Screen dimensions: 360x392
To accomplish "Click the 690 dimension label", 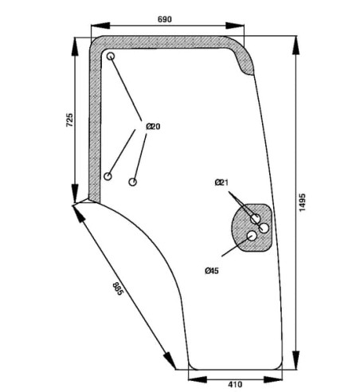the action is tap(165, 19).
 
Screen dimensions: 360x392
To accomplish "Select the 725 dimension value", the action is tap(69, 120).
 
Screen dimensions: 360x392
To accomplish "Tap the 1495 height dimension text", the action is tap(302, 202).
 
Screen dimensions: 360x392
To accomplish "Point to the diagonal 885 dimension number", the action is tap(118, 289).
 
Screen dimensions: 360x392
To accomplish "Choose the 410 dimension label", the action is tap(235, 384).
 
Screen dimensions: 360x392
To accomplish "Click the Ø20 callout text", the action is tap(153, 127).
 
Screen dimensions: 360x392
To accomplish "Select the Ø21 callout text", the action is tap(221, 182).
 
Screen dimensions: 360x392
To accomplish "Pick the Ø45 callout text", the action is tap(212, 271).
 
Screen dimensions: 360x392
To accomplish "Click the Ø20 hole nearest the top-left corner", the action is tap(111, 56).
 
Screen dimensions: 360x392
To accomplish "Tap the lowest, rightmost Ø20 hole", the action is tap(133, 182).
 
